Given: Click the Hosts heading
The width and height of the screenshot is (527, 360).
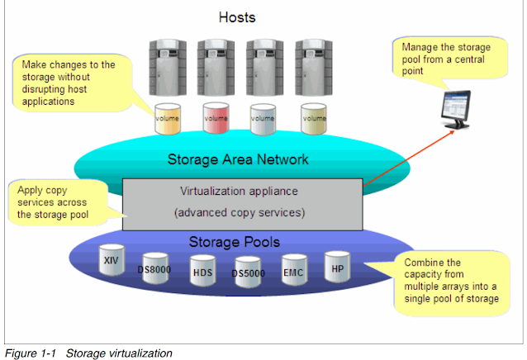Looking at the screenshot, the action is point(237,17).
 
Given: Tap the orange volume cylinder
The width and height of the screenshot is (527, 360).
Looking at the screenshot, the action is point(168,119).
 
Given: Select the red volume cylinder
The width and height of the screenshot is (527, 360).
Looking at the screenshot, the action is point(216,118).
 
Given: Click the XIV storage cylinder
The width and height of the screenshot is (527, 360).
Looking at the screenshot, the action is point(112,260).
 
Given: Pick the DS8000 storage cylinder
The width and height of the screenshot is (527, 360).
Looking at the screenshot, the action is point(155,268).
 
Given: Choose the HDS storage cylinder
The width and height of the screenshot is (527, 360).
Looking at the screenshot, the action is point(202,271).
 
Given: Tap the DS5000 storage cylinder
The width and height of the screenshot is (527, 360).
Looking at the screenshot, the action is point(248,272).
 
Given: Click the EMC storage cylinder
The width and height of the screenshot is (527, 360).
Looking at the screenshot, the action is point(294,270).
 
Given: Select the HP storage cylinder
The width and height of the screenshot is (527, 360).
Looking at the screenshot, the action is point(337,267).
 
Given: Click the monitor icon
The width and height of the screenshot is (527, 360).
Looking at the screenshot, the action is point(456,110).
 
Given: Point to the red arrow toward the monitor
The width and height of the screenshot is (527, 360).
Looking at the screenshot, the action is point(409,159).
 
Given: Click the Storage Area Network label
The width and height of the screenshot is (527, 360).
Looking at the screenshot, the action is point(238,159).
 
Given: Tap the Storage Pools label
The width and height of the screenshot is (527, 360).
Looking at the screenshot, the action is point(235,242).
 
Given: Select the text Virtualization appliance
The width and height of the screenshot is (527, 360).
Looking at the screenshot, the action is point(239,191).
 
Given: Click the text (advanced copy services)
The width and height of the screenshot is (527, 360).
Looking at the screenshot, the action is point(240,212).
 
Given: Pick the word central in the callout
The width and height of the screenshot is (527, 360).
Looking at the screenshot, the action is point(469,59).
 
